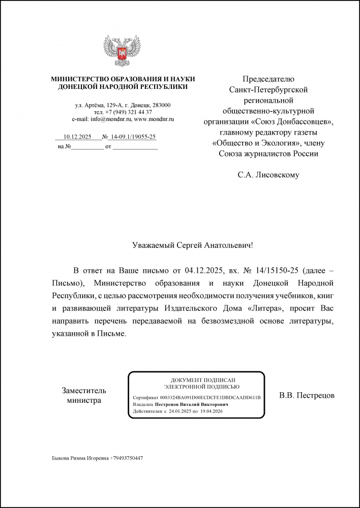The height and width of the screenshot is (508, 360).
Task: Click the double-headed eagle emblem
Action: pyautogui.click(x=123, y=51)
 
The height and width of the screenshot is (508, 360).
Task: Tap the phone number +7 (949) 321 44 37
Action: pyautogui.click(x=129, y=112)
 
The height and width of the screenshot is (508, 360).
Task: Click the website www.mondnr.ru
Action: pyautogui.click(x=154, y=118)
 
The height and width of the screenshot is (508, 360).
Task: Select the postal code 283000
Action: pyautogui.click(x=160, y=105)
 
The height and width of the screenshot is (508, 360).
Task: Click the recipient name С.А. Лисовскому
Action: pyautogui.click(x=268, y=175)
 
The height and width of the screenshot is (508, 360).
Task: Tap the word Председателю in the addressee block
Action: pyautogui.click(x=268, y=79)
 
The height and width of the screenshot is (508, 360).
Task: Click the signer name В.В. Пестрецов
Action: pyautogui.click(x=307, y=395)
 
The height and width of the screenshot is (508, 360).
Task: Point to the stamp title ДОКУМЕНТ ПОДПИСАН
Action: pyautogui.click(x=196, y=380)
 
